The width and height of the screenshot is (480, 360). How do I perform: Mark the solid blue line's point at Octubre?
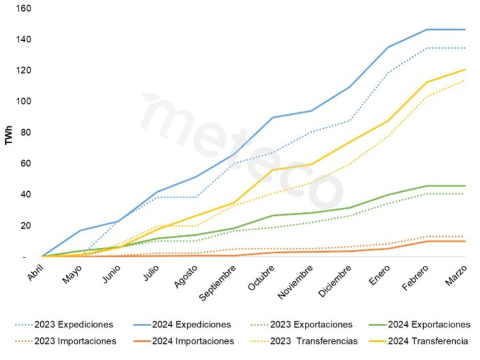click(273, 117)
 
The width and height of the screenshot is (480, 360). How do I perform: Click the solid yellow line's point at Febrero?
click(427, 82)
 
